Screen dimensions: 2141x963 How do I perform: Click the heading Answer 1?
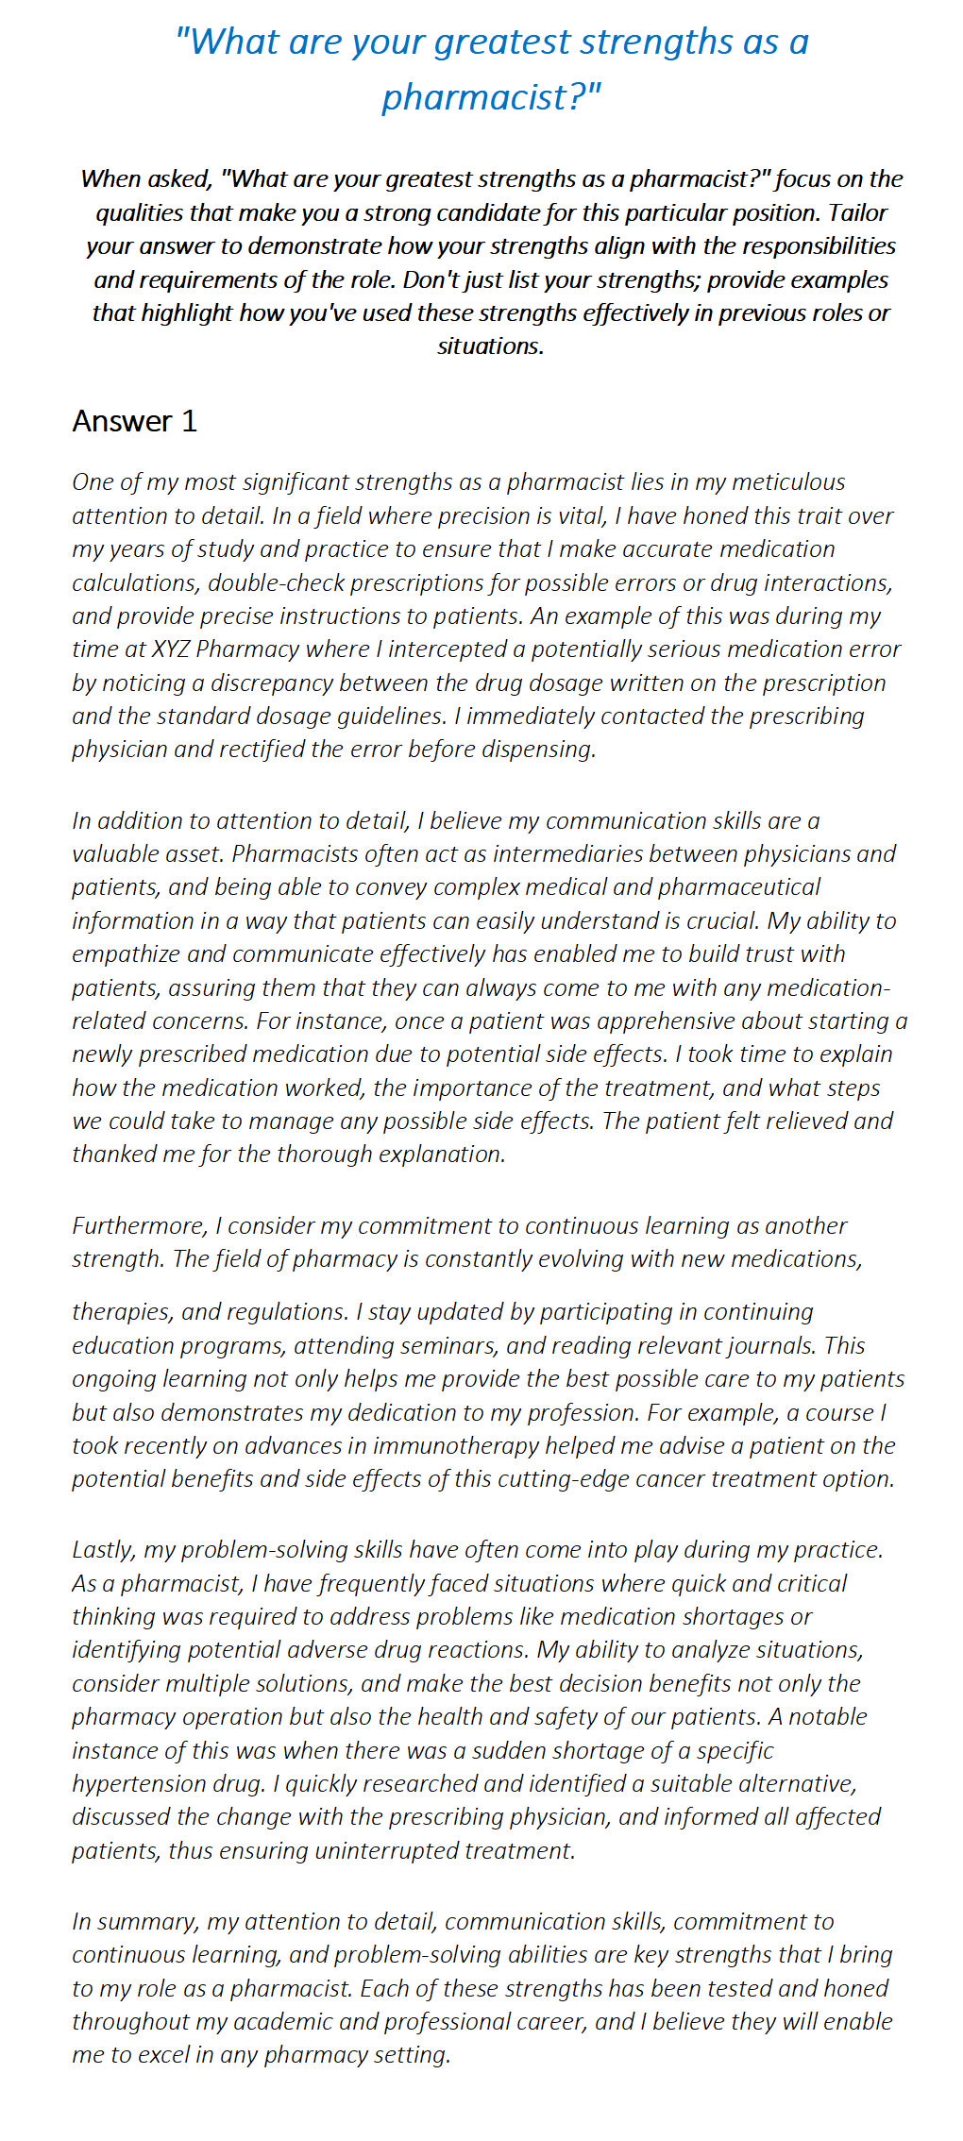tap(135, 421)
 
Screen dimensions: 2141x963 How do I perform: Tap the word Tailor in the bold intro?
tap(858, 212)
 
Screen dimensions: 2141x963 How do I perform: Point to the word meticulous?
tap(788, 482)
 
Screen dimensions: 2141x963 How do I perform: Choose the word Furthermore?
tap(139, 1226)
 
